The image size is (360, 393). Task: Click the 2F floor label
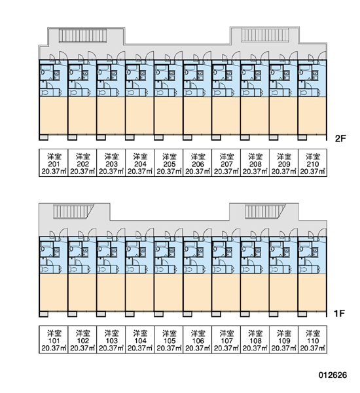(340, 138)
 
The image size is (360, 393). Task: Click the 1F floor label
(340, 313)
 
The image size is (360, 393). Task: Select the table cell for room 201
(54, 163)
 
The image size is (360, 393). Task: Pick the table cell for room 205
(169, 163)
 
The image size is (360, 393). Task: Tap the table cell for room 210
(313, 163)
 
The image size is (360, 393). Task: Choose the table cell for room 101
(54, 339)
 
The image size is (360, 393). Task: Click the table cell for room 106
(198, 339)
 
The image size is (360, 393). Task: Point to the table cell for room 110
(313, 339)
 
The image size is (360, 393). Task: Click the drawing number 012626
(333, 375)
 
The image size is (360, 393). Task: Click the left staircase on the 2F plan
(82, 35)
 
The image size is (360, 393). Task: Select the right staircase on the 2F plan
(265, 35)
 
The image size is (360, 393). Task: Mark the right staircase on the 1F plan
(265, 212)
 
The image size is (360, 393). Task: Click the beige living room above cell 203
(111, 115)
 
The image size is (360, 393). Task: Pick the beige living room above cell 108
(255, 292)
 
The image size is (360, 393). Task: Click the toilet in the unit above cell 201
(45, 93)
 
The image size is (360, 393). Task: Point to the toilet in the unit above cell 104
(132, 270)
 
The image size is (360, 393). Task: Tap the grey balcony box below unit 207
(216, 138)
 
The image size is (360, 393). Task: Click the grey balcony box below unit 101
(44, 314)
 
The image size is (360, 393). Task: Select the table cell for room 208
(255, 163)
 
